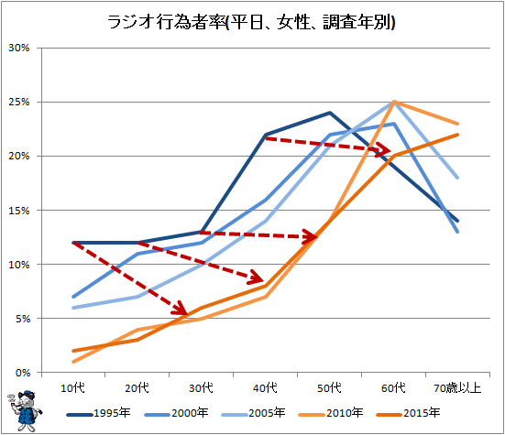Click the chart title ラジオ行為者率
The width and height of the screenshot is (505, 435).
tap(167, 23)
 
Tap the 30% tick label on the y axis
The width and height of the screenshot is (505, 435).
tap(19, 48)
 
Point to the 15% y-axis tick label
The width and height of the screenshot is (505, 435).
tap(19, 211)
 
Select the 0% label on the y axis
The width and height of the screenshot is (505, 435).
tap(23, 373)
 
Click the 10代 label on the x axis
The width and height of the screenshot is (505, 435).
tap(72, 388)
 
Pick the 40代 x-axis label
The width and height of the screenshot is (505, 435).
tap(265, 388)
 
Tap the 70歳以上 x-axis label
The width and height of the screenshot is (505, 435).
tap(457, 388)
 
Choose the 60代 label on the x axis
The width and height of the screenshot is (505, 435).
tap(393, 388)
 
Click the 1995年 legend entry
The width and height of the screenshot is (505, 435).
tap(99, 413)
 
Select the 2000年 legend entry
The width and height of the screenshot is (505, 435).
tap(177, 413)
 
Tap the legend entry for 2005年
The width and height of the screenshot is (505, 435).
tap(254, 413)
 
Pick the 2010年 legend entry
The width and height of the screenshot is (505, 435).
tap(331, 413)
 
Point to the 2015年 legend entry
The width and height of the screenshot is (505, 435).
tap(408, 413)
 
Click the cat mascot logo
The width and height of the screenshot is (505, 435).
tap(24, 411)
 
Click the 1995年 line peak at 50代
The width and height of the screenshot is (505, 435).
tap(330, 113)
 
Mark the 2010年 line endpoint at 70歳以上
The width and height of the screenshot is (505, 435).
tap(457, 124)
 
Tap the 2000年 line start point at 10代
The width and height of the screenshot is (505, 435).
tap(73, 297)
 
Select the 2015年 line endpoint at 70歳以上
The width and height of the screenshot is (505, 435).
tap(457, 135)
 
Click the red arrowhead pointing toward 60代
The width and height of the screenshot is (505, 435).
tap(384, 149)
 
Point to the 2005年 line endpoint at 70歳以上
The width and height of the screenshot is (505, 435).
tap(457, 178)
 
